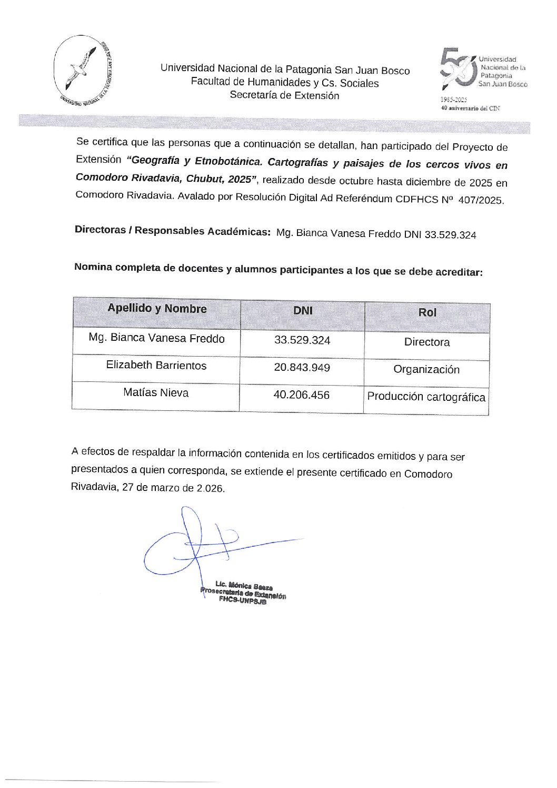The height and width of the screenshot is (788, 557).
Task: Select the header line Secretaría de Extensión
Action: (284, 95)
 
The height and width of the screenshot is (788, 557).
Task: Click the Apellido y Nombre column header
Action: (157, 309)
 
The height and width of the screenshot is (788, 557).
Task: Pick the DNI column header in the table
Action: (303, 311)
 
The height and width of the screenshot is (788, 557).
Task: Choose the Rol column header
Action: (427, 312)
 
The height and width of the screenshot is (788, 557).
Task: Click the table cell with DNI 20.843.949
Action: (302, 368)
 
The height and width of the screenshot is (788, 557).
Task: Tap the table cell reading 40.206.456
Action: (301, 395)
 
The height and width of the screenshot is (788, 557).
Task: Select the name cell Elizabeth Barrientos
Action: (156, 366)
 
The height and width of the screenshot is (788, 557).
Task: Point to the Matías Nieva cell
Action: (156, 392)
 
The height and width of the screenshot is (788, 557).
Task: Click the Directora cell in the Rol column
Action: (427, 342)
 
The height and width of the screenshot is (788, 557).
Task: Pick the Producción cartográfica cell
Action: (426, 397)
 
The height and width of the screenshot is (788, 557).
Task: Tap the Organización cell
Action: (426, 370)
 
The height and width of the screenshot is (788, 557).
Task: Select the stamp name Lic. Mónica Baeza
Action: (244, 585)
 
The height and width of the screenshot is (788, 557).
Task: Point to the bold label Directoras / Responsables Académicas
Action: (173, 231)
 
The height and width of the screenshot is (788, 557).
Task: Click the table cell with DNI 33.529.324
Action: (302, 340)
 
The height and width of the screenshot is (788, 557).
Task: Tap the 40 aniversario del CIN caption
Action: (470, 108)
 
